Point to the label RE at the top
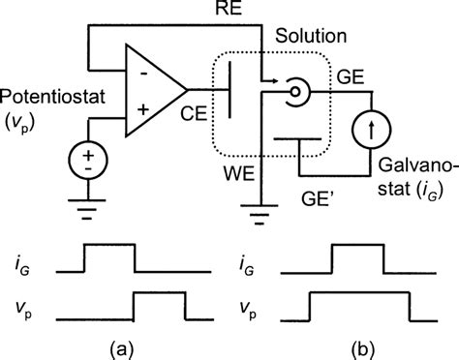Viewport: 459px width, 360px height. (x=238, y=11)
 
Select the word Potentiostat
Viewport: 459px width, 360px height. (x=46, y=102)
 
